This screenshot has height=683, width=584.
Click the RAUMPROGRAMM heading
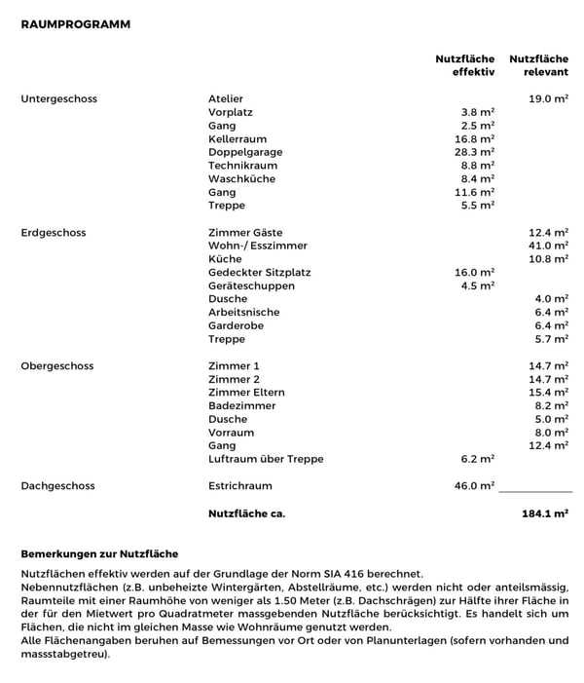(x=75, y=23)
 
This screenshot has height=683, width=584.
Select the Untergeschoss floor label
(x=58, y=99)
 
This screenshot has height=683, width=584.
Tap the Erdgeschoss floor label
(x=54, y=233)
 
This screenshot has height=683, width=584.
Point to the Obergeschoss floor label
(x=56, y=366)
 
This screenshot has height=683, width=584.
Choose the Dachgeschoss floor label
(x=55, y=486)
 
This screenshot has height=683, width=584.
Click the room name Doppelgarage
(x=245, y=153)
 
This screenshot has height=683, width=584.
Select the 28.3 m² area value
(x=475, y=153)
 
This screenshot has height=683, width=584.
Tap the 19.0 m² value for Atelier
(x=548, y=99)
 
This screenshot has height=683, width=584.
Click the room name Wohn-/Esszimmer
(x=257, y=247)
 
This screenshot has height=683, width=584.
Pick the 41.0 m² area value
(x=548, y=247)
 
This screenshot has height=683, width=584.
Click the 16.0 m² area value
(x=475, y=273)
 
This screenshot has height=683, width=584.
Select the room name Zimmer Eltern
(x=246, y=393)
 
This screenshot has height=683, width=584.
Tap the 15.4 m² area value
(x=548, y=393)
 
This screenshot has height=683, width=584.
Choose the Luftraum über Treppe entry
(x=266, y=459)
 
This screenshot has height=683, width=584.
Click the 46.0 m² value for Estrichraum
(x=475, y=486)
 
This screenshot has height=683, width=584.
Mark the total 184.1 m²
(x=545, y=512)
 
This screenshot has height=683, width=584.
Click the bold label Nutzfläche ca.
(x=246, y=512)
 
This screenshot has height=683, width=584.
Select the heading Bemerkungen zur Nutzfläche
(x=99, y=553)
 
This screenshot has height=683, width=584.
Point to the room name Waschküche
(x=241, y=179)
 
